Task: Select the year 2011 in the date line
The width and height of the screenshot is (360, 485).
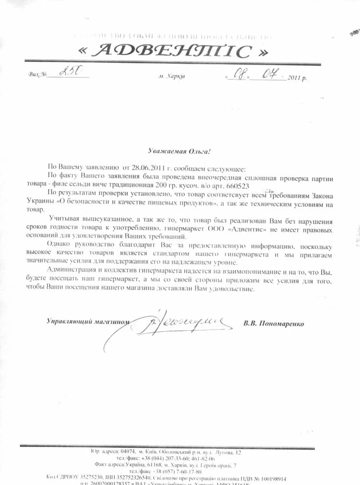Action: click(x=295, y=78)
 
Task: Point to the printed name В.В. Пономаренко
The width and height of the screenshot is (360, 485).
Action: click(x=273, y=324)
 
